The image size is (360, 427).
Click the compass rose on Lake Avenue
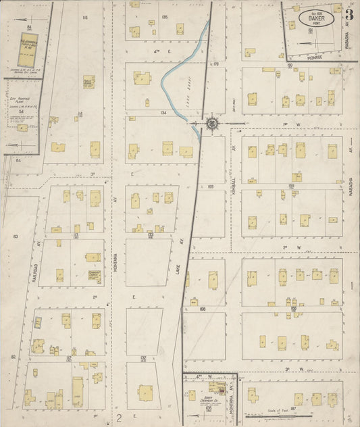pyautogui.click(x=212, y=124)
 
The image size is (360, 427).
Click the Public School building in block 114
pyautogui.click(x=88, y=82)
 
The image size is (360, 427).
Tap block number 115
pyautogui.click(x=84, y=18)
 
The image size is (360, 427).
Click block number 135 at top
pyautogui.click(x=164, y=16)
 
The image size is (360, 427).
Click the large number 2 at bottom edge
pyautogui.click(x=119, y=418)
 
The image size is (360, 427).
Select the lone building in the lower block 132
pyautogui.click(x=145, y=391)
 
